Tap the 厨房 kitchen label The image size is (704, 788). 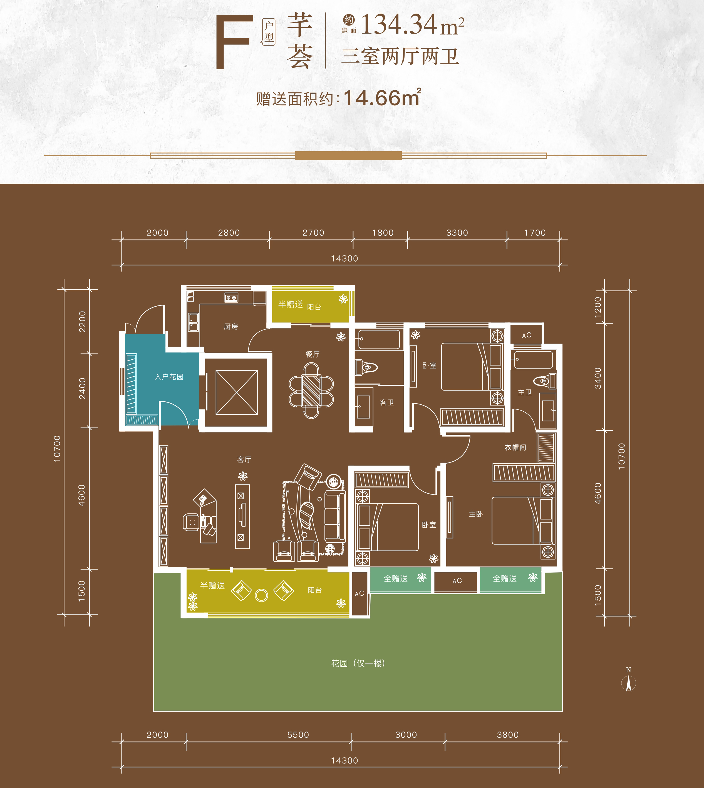click(x=231, y=327)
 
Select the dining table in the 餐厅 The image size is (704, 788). click(x=311, y=390)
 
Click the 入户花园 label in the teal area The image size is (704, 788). click(x=169, y=377)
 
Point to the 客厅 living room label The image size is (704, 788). click(x=244, y=459)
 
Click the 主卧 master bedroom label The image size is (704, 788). click(x=476, y=514)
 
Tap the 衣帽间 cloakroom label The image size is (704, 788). click(x=515, y=447)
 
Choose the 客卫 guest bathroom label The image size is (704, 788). click(x=387, y=402)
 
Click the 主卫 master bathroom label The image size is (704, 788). click(x=525, y=392)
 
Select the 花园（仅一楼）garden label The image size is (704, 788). click(x=358, y=663)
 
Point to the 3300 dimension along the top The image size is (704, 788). click(x=457, y=233)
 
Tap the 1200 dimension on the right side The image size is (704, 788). click(x=598, y=307)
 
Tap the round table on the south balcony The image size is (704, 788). click(x=261, y=595)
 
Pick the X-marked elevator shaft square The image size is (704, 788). click(x=237, y=392)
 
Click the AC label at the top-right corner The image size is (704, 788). click(x=527, y=335)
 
